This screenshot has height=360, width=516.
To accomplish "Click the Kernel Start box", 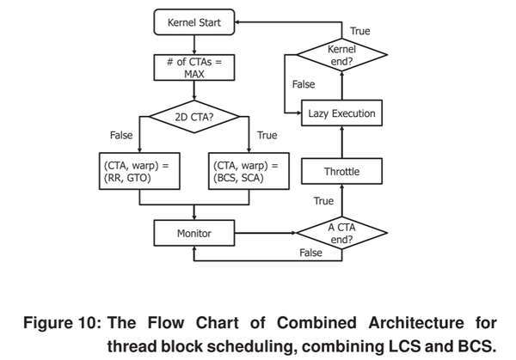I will point(193,23).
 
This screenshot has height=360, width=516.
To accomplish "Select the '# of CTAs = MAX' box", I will point(193,68).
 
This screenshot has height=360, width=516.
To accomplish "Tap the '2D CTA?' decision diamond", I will point(193,117).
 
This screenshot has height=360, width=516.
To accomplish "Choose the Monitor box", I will point(193,233).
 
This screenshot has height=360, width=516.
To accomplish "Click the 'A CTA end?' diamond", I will point(341,233).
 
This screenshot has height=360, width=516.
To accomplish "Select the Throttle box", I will point(341,172).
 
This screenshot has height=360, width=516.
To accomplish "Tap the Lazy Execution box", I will point(341,113).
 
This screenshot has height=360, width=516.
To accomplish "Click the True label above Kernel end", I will point(360,31).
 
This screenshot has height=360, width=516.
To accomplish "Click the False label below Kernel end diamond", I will point(304,84).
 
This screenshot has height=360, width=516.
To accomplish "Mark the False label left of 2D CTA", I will point(121,135).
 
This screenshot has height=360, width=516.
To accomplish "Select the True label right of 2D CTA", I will point(267,135).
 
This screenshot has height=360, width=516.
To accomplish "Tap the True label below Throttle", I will point(323,201).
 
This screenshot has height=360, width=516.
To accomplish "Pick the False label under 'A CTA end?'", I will point(310,253).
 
